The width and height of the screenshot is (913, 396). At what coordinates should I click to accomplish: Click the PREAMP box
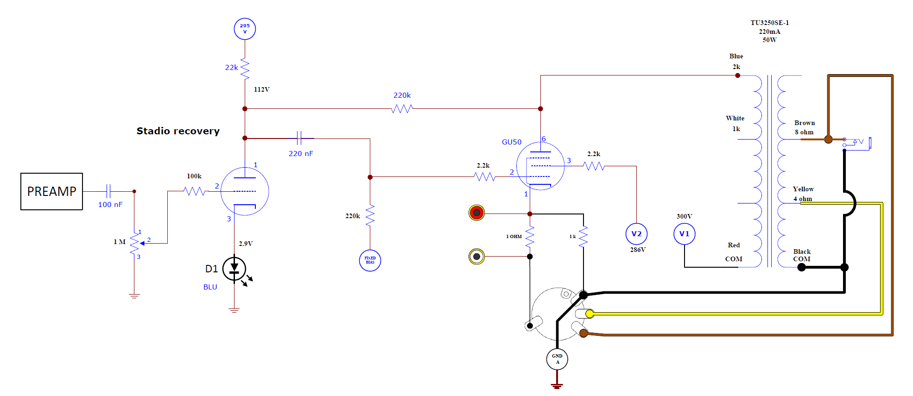51,191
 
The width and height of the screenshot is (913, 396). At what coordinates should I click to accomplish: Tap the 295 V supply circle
245,29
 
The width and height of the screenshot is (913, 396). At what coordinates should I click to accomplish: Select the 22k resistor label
231,68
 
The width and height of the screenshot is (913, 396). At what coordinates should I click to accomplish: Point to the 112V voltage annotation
261,89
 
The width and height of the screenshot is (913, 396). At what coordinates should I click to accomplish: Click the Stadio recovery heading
178,131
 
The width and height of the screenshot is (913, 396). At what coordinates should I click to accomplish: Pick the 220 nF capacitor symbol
299,138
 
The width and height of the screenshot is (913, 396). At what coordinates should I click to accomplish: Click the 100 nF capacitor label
110,205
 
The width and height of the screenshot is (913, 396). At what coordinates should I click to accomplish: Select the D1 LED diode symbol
235,269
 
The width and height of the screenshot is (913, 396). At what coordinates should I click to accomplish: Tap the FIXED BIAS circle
370,260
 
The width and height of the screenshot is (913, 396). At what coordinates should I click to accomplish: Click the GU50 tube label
512,142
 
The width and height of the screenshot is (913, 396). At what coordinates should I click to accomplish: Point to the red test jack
476,213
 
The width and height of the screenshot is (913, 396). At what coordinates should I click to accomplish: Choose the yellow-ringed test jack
476,256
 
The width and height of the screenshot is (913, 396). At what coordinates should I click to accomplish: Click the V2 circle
636,234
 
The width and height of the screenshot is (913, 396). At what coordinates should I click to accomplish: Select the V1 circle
684,234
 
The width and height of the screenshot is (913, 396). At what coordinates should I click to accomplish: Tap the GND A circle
557,359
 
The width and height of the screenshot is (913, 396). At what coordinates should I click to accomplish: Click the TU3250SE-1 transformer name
769,23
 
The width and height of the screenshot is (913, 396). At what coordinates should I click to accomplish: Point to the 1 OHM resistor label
514,237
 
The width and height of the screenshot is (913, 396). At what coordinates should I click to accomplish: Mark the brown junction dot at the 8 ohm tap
828,139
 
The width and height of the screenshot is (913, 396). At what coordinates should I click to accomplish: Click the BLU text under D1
210,287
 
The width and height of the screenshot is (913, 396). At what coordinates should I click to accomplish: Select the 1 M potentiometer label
120,242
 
